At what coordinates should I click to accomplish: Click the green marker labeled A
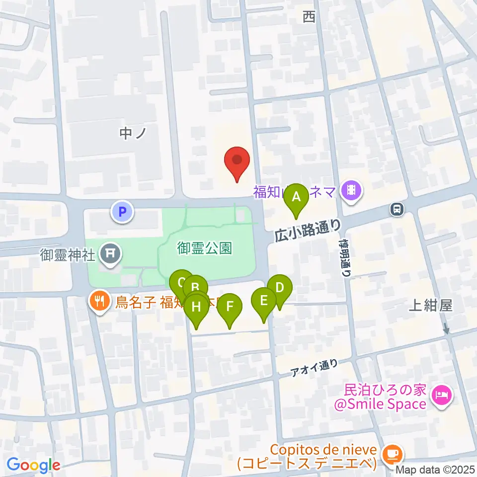point(296,197)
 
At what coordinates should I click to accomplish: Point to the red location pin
point(237,161)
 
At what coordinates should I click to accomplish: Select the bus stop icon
point(397,209)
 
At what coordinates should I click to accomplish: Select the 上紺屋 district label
point(430,306)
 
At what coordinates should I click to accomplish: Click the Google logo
point(33,465)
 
